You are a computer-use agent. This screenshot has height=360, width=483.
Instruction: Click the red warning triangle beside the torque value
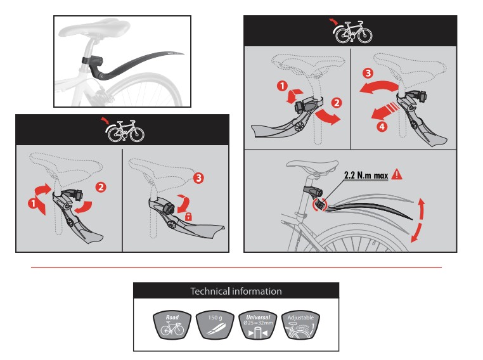(397, 174)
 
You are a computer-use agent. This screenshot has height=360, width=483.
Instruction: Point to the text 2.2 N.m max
(366, 175)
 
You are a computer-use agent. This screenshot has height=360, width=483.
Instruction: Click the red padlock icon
(188, 216)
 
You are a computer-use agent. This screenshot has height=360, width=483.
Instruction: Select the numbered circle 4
(382, 126)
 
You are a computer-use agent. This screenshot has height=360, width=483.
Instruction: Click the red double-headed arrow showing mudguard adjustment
(418, 220)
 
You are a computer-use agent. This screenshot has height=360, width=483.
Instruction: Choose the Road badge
(172, 325)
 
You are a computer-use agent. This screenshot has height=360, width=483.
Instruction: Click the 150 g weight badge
(215, 325)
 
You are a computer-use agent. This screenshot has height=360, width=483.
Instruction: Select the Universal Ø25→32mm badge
(258, 325)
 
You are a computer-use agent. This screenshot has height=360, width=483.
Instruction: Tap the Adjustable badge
(300, 325)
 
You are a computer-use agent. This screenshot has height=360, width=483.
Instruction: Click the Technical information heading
(236, 291)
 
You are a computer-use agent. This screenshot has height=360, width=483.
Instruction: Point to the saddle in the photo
(94, 28)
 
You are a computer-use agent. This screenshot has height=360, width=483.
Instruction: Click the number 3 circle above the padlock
(198, 177)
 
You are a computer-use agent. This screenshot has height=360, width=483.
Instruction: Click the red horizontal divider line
(236, 267)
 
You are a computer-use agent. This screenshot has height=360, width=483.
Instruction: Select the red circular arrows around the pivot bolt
(319, 205)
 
